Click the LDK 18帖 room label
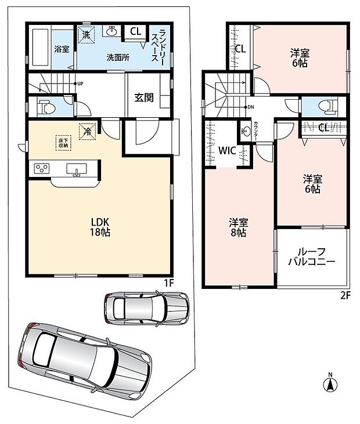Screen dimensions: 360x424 tap(100, 227)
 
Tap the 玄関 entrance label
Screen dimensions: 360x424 tap(144, 97)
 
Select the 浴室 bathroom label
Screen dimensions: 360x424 tap(62, 49)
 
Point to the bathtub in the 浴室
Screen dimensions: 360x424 tap(40, 48)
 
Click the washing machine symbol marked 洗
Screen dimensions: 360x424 tap(86, 34)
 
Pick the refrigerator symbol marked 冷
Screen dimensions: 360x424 tap(88, 132)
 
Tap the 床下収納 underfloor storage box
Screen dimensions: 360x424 tap(64, 143)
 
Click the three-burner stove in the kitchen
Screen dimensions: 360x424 tap(41, 168)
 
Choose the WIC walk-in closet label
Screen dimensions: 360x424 tap(227, 151)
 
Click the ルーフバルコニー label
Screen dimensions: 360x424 tap(312, 256)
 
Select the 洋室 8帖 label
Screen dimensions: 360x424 tap(238, 227)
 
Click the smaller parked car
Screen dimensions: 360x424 tap(147, 309)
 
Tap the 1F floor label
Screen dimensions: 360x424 tap(168, 283)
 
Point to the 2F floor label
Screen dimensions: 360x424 tap(345, 295)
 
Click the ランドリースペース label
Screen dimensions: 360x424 tap(158, 45)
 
